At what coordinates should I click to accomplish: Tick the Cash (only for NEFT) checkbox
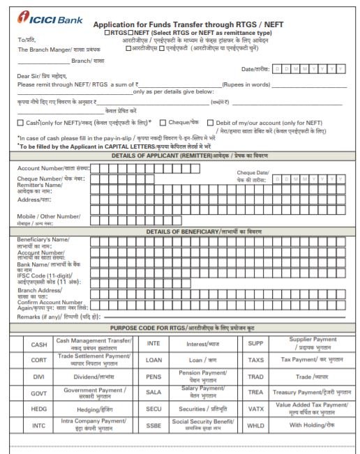coord(20,123)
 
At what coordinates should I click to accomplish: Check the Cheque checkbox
coord(162,123)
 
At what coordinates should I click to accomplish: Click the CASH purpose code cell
coord(39,344)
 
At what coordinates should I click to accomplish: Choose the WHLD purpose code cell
coord(255,425)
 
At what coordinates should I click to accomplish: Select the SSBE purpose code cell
coord(153,425)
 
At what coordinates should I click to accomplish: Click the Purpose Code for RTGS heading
coord(179,327)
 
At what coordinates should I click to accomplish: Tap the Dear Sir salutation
coord(42,75)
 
